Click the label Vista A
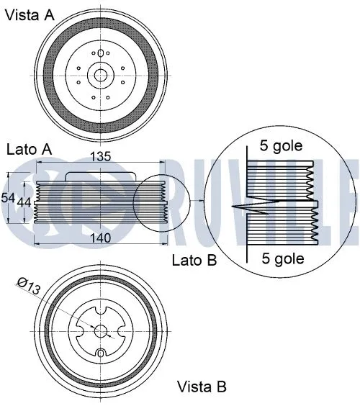pyautogui.click(x=30, y=15)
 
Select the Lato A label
pyautogui.click(x=30, y=150)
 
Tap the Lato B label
pyautogui.click(x=194, y=259)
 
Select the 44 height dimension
pyautogui.click(x=24, y=203)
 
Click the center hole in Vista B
pyautogui.click(x=102, y=330)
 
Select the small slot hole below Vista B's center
pyautogui.click(x=102, y=353)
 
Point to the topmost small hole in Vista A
pyautogui.click(x=99, y=51)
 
